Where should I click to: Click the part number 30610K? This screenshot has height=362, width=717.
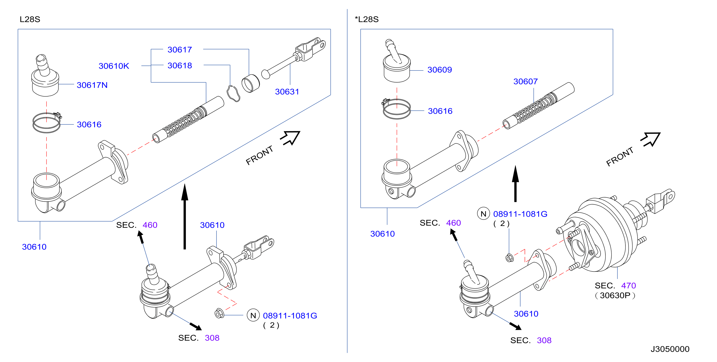(113, 66)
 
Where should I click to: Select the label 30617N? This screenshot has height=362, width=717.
(92, 85)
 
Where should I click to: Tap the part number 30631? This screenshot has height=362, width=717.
(287, 92)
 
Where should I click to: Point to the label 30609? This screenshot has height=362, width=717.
(440, 70)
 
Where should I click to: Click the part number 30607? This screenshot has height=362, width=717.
(526, 81)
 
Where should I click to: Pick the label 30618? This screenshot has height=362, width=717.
(179, 66)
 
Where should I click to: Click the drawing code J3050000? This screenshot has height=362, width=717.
(670, 349)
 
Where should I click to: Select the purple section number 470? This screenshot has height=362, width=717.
(629, 286)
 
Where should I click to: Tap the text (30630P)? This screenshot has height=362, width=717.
(615, 296)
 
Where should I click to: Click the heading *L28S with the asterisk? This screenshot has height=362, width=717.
(367, 19)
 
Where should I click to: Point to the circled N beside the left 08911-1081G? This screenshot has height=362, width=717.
(253, 315)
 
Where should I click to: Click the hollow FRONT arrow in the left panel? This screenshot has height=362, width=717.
(290, 138)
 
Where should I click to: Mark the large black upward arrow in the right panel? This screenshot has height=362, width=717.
(516, 183)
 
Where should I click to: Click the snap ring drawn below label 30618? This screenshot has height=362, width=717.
(233, 93)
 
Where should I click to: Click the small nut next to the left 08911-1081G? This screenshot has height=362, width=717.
(219, 313)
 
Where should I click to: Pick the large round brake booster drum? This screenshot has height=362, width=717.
(604, 236)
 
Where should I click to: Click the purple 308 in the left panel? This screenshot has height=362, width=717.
(212, 338)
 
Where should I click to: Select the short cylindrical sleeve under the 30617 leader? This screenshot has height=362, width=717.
(251, 83)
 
